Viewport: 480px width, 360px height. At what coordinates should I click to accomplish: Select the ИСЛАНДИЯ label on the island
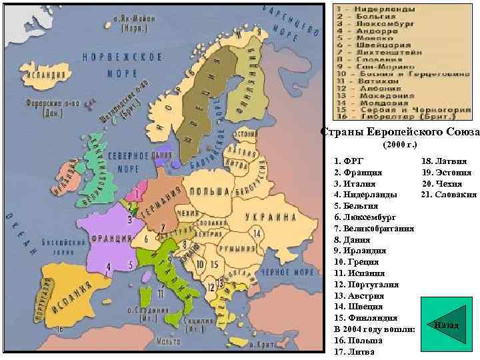point(43,75)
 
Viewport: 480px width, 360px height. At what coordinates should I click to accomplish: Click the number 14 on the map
point(256,234)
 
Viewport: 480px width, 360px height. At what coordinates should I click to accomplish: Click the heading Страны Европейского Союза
point(399,133)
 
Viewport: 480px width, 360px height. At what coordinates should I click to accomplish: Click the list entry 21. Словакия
point(449,195)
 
